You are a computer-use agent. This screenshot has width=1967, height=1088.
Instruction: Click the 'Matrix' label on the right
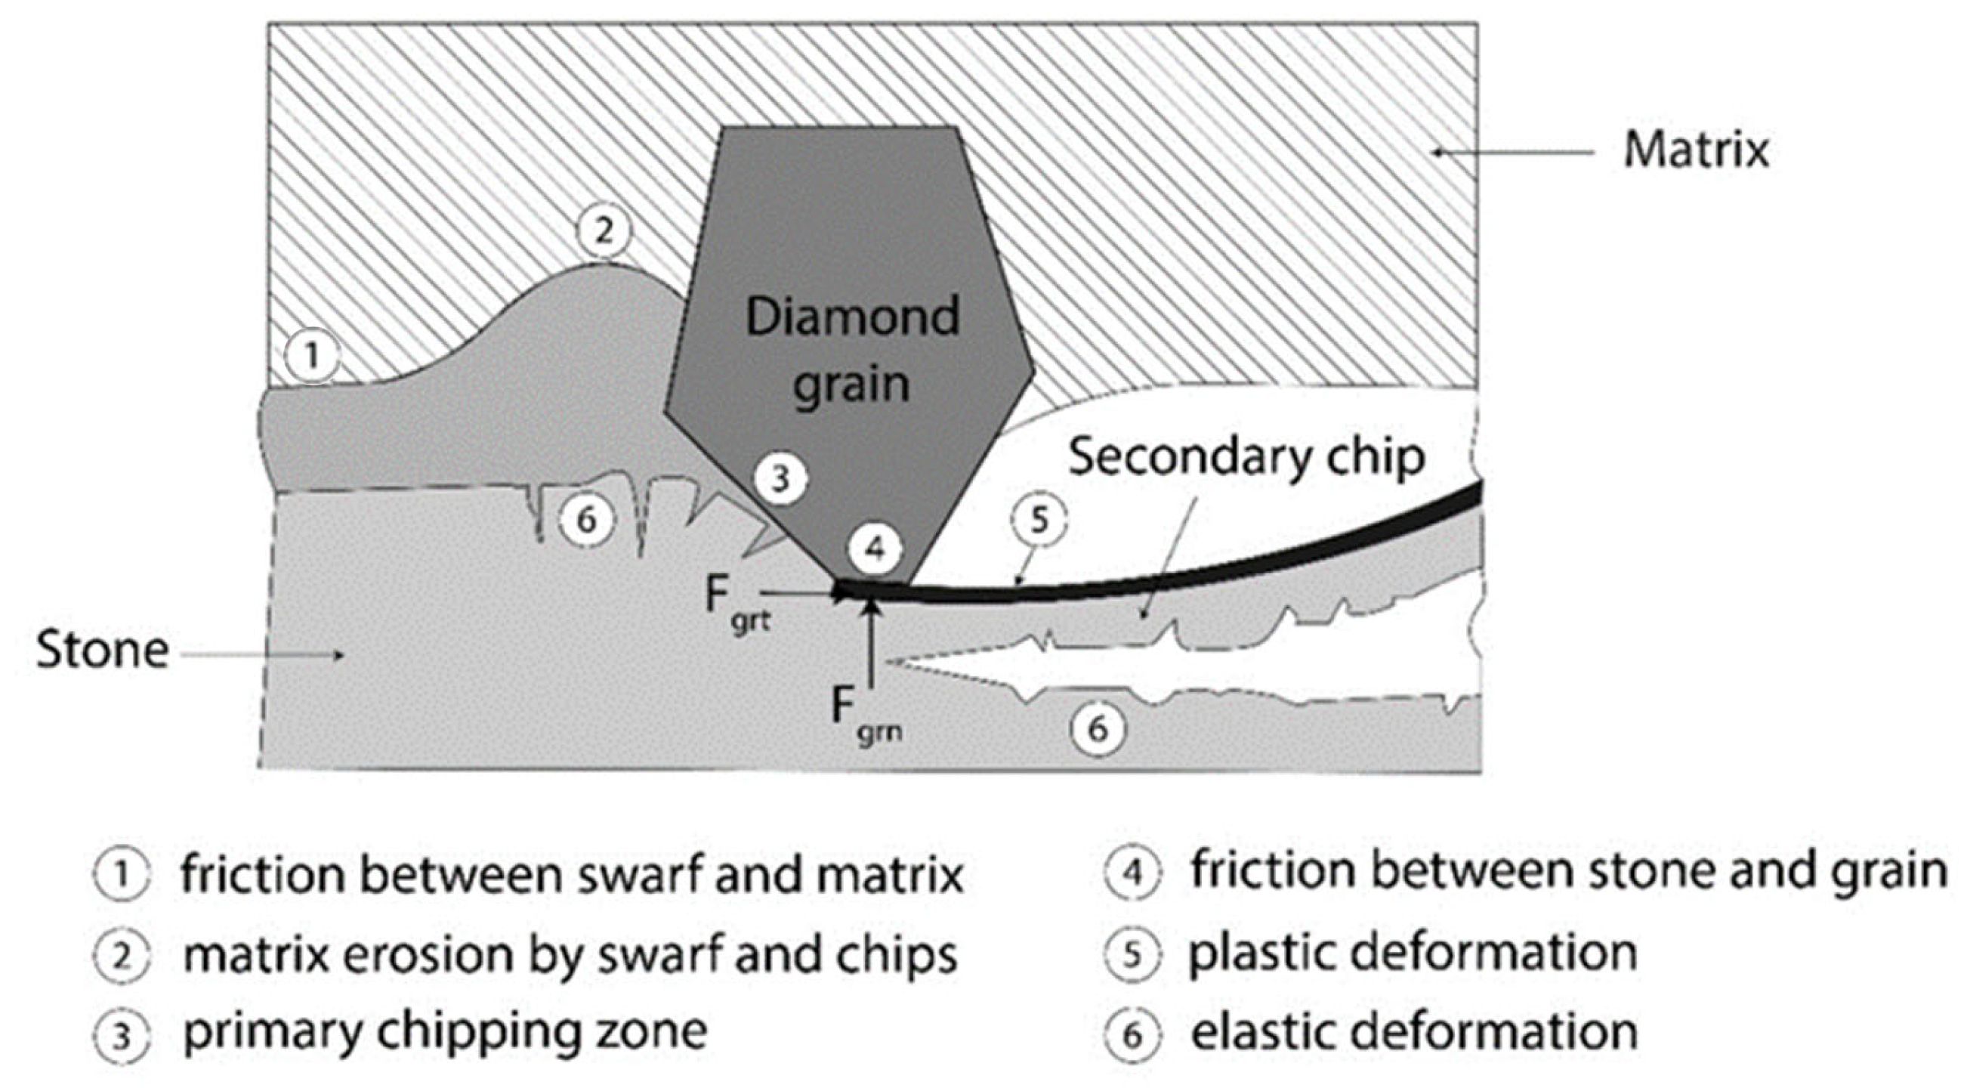[x=1695, y=150]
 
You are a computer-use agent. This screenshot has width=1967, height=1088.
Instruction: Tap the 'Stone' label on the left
[x=102, y=651]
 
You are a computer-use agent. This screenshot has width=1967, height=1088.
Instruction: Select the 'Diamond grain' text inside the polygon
[x=852, y=349]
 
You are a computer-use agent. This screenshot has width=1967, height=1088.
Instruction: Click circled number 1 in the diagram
[x=311, y=356]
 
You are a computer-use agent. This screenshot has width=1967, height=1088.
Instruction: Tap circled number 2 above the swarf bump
[x=604, y=230]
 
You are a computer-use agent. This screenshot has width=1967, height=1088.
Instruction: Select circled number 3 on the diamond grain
[x=780, y=480]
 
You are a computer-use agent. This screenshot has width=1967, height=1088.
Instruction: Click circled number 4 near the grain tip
[x=875, y=549]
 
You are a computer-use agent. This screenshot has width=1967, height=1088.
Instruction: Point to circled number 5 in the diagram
[x=1039, y=521]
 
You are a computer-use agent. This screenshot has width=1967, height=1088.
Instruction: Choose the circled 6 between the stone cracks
[x=586, y=521]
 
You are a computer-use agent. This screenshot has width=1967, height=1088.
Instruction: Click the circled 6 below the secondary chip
[x=1098, y=729]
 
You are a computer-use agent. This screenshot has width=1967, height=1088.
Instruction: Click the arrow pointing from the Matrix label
[x=1512, y=152]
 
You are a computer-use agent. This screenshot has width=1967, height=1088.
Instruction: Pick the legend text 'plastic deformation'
[x=1413, y=954]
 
